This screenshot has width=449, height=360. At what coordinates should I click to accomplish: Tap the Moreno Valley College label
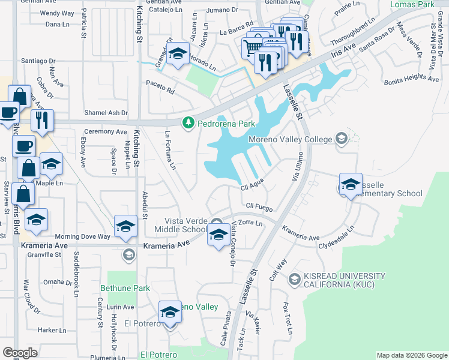click(x=291, y=140)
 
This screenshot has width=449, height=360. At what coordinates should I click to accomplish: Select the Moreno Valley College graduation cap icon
click(x=342, y=139)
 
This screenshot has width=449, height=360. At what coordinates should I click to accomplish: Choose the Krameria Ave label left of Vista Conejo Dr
click(x=166, y=245)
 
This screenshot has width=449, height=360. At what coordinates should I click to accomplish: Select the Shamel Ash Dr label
click(x=106, y=113)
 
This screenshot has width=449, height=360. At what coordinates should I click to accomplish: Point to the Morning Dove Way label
click(x=83, y=236)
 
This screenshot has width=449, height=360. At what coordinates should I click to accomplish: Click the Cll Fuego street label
click(x=260, y=208)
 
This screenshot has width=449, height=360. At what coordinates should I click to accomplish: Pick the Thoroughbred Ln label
click(x=354, y=31)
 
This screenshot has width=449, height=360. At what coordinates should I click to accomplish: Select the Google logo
click(x=20, y=353)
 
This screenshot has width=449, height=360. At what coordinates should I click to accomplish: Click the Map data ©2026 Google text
click(x=411, y=355)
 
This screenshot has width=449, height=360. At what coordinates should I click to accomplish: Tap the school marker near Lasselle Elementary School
click(x=351, y=185)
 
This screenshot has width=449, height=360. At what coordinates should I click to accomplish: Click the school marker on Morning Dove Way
click(x=125, y=226)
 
